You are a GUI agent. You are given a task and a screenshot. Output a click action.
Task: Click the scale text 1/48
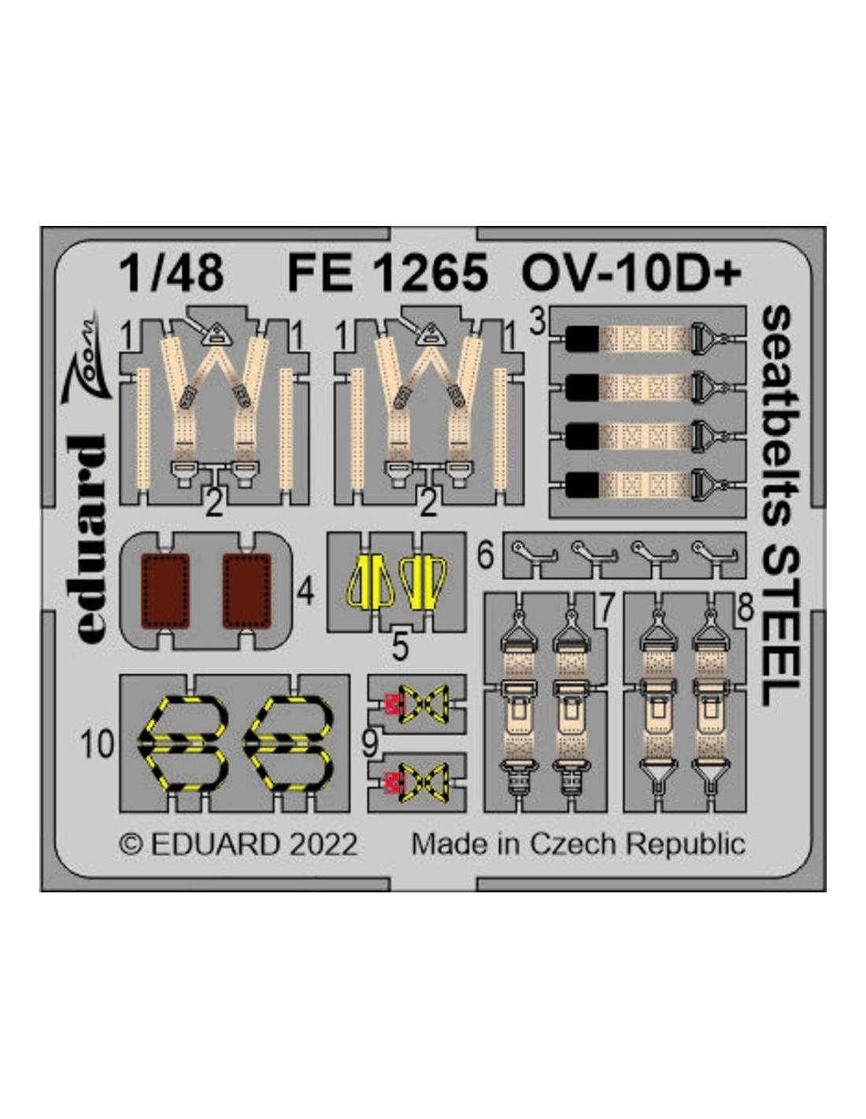tap(171, 272)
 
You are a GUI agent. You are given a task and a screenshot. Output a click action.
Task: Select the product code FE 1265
tap(387, 272)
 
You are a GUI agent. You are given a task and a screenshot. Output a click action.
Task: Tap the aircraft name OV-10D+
tap(631, 272)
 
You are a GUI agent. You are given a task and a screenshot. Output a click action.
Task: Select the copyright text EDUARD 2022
tap(238, 845)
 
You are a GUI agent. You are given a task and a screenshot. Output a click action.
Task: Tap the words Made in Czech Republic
tap(579, 845)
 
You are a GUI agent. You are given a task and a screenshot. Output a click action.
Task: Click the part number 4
tap(305, 592)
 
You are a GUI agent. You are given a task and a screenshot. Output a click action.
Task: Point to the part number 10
tap(97, 744)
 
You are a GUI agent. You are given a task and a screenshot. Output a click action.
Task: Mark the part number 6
tap(486, 556)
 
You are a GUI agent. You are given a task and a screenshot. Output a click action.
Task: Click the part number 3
tap(538, 323)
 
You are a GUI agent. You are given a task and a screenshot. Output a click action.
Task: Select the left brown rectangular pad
tap(165, 592)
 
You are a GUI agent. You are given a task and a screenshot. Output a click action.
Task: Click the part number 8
tap(745, 608)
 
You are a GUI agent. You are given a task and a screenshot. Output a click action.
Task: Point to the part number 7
tap(606, 608)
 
